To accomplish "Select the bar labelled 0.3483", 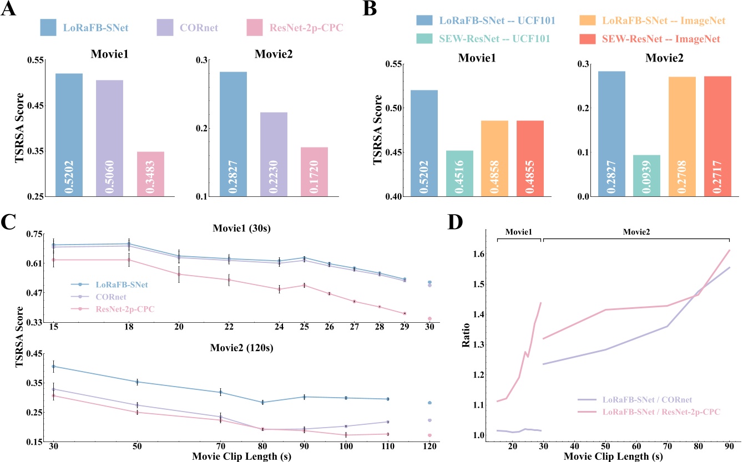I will tap(150, 174).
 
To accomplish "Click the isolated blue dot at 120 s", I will tap(429, 403).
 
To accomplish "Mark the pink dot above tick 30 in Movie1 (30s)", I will tap(429, 318).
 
